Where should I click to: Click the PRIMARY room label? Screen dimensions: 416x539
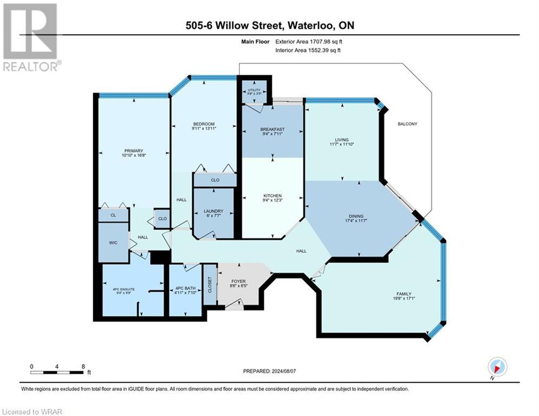tap(133, 151)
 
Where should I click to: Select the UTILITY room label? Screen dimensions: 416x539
tap(254, 90)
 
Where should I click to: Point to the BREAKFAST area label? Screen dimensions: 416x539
tap(272, 129)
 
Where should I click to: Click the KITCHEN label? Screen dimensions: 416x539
tap(272, 196)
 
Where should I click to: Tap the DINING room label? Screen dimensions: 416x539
tap(355, 217)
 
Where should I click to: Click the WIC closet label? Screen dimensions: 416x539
tap(113, 243)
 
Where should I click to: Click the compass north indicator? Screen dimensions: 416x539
tap(497, 367)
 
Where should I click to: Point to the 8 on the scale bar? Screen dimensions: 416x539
tap(83, 366)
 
